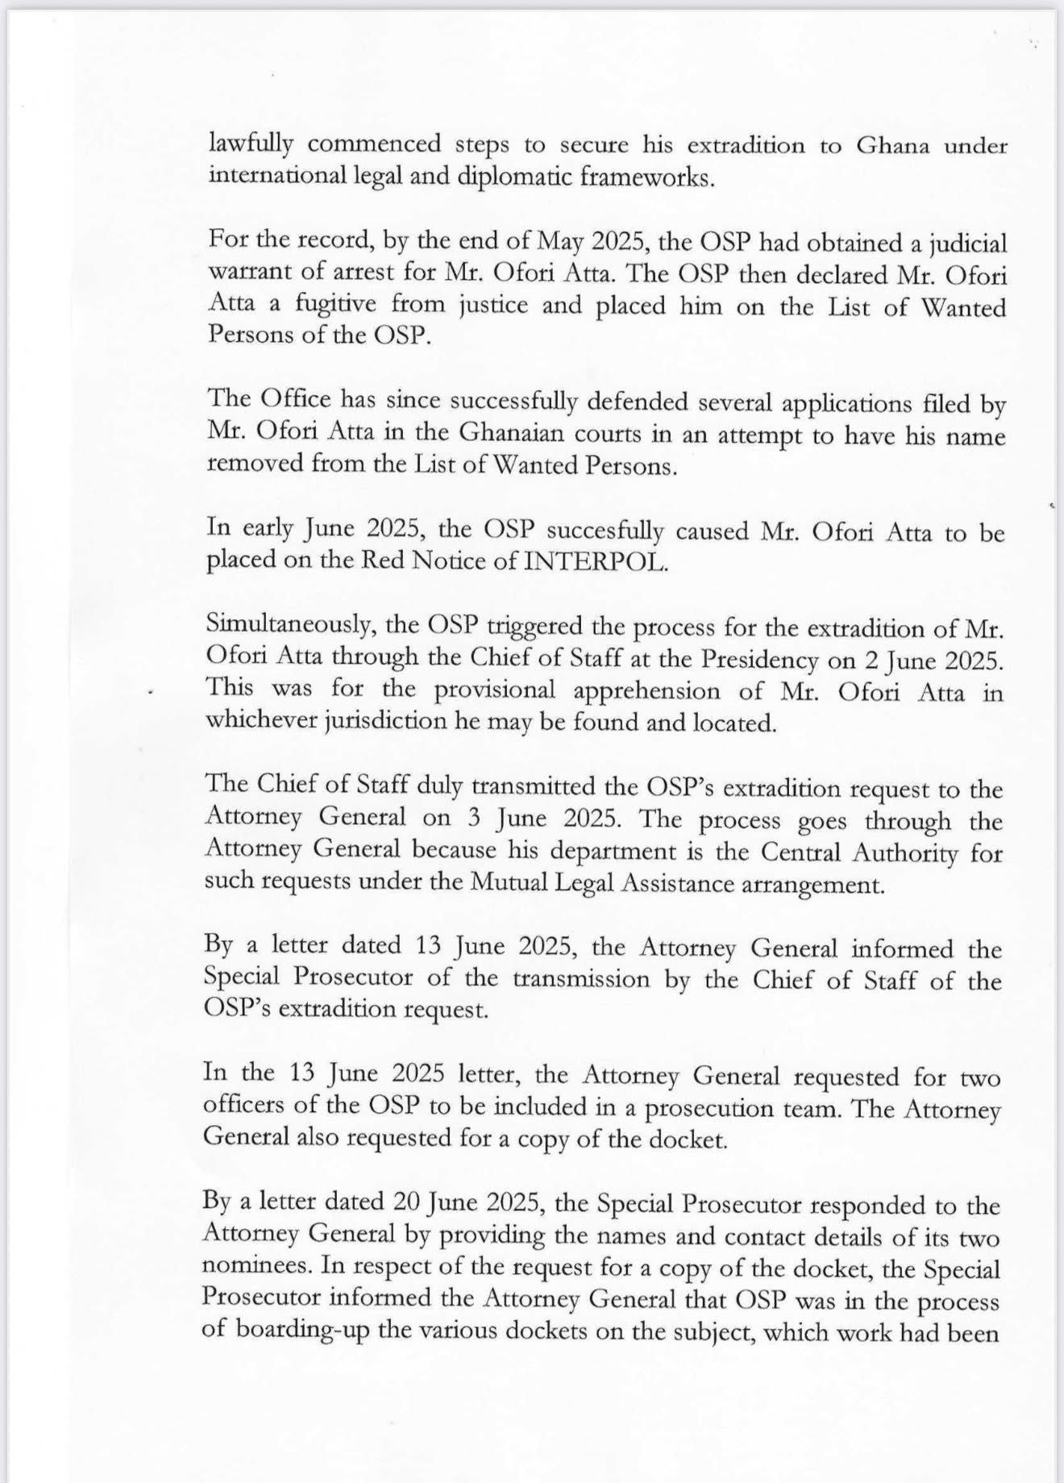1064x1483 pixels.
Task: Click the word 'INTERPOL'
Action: pyautogui.click(x=596, y=562)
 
